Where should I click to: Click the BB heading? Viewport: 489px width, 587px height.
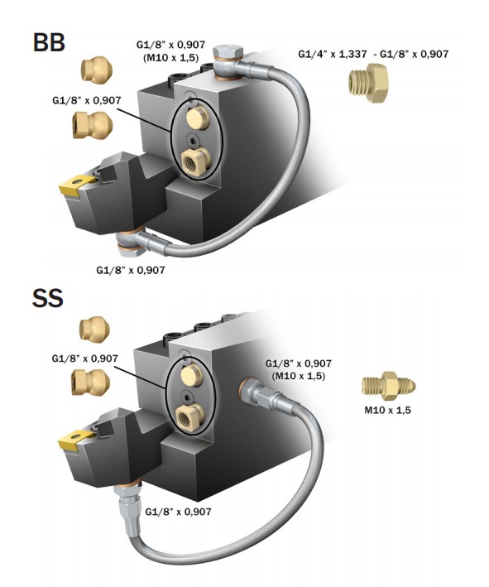click(x=49, y=42)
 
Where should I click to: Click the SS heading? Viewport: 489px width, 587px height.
click(x=47, y=298)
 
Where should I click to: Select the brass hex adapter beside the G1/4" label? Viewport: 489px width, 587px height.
click(x=368, y=83)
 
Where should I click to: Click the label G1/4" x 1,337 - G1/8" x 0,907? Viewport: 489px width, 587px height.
click(x=373, y=54)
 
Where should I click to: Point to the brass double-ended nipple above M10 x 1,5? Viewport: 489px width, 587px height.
click(x=388, y=386)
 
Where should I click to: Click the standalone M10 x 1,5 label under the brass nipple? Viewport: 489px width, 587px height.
click(x=387, y=410)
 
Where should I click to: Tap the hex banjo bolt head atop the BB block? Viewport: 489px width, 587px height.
click(x=228, y=51)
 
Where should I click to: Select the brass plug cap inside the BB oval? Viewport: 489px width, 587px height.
click(x=197, y=118)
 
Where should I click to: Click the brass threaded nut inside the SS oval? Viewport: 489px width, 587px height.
click(x=190, y=416)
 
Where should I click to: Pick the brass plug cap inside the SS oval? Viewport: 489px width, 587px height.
click(x=191, y=376)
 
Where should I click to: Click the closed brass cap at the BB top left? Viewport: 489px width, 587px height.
click(x=95, y=70)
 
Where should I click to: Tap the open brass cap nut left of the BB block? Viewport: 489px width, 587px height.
click(x=93, y=125)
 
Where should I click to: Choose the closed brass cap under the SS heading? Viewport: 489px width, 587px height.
click(x=94, y=329)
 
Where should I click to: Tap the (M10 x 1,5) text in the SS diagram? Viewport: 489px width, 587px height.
click(x=299, y=376)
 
